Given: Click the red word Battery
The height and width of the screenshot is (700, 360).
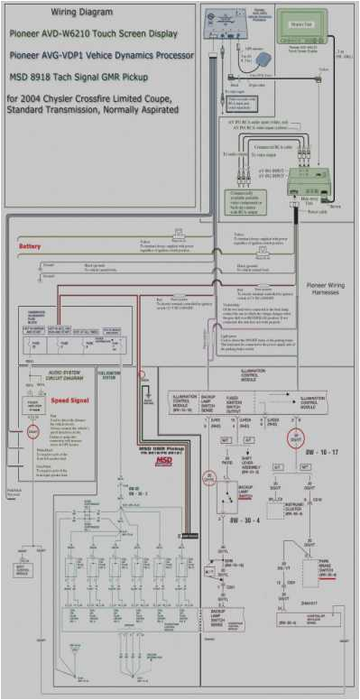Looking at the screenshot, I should tap(31, 245).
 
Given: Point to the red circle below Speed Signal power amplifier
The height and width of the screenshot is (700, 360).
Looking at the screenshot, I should tap(32, 433).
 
